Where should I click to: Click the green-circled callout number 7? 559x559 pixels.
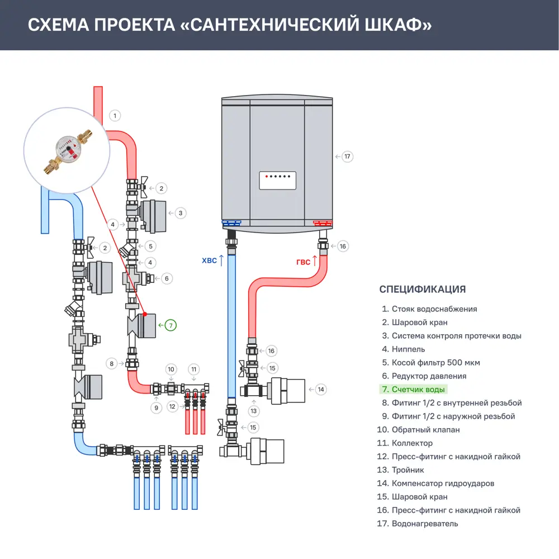coord(170,324)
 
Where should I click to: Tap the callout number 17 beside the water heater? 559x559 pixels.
coord(347,157)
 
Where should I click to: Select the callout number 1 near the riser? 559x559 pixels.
coord(115,116)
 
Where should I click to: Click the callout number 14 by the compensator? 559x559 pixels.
coord(320,389)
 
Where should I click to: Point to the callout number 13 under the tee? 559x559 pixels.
coord(254,411)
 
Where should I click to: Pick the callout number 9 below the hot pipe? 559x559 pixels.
coord(156,408)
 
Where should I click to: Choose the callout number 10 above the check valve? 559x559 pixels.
coord(172,369)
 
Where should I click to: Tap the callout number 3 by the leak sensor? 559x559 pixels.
coord(180,212)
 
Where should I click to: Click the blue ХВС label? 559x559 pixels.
coord(208,260)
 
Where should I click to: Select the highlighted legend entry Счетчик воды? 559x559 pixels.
coord(418,390)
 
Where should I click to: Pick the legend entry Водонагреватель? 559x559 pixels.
coord(424,524)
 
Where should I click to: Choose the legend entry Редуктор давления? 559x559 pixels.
coord(429,376)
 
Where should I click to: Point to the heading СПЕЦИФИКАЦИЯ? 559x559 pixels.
coord(422,289)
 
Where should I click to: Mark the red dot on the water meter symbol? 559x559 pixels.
coord(145,315)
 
